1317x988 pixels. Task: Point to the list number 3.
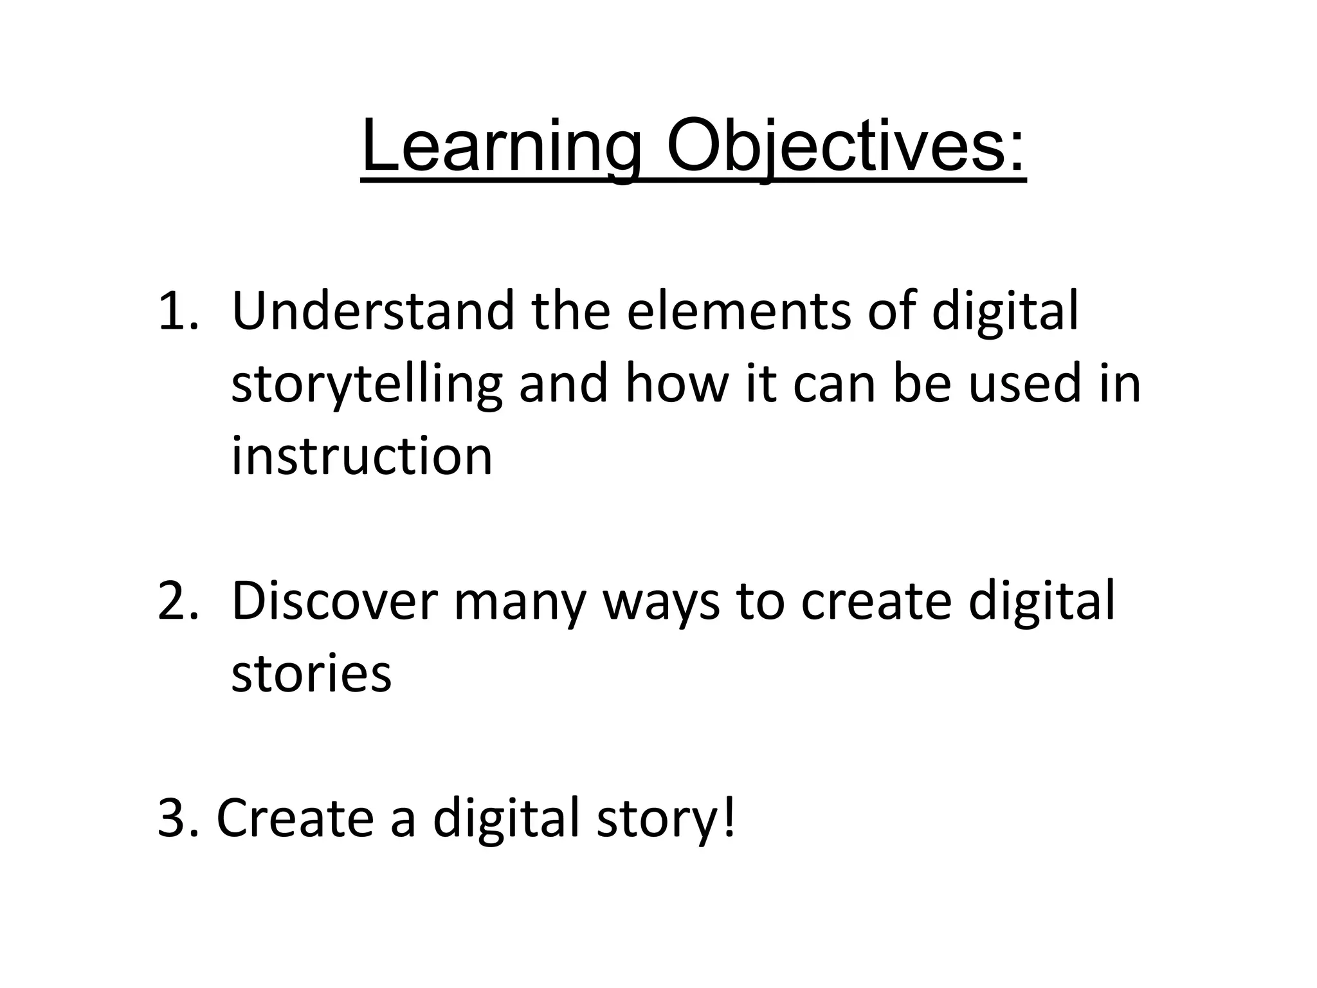pyautogui.click(x=175, y=819)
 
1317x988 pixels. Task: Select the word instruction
pyautogui.click(x=361, y=457)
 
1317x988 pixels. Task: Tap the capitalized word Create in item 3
pyautogui.click(x=295, y=819)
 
